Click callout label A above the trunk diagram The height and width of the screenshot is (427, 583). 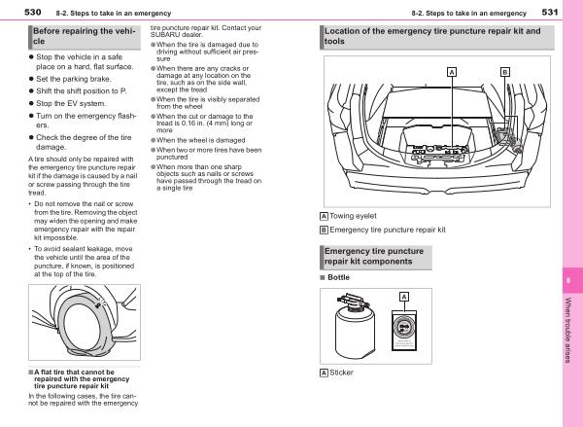[x=451, y=72]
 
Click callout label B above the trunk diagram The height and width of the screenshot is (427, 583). [x=504, y=72]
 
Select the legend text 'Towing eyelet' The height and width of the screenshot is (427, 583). [x=354, y=215]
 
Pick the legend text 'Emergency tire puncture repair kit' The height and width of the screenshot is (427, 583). [x=387, y=230]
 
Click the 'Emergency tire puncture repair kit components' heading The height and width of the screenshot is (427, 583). [x=374, y=257]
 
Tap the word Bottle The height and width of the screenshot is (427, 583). [x=339, y=278]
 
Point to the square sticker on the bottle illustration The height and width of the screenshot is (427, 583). [x=402, y=331]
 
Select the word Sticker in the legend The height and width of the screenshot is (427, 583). [x=342, y=373]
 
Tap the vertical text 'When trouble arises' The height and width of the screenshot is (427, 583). [x=568, y=331]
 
